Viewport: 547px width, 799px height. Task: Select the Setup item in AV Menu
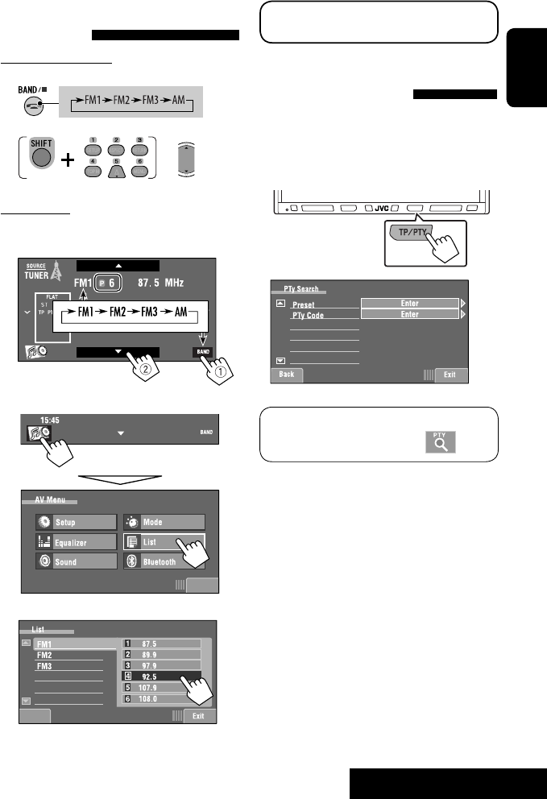(77, 522)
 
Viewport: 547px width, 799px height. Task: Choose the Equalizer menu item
(77, 542)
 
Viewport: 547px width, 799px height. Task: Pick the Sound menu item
(77, 562)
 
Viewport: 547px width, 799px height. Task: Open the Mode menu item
(164, 522)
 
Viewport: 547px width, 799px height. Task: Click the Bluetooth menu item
(164, 562)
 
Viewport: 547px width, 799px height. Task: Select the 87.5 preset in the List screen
(161, 644)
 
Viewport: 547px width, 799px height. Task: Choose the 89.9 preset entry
(161, 655)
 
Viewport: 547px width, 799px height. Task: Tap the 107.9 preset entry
(161, 689)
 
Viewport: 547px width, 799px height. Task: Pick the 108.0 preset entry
(161, 700)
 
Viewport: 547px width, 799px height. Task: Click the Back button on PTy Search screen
(286, 375)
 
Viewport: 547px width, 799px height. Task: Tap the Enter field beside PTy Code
(409, 314)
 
